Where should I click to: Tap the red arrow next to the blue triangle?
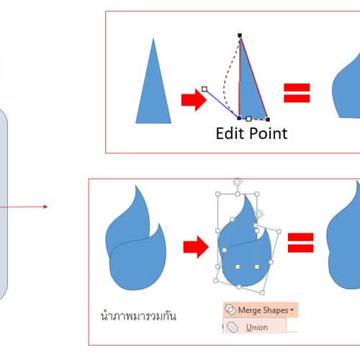[194, 100]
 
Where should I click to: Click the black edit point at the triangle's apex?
[240, 35]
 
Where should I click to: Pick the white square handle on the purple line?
[204, 89]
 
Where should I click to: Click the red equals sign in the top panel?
[297, 93]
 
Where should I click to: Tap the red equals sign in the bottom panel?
[301, 243]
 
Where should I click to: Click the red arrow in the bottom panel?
[196, 247]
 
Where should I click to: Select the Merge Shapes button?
[261, 310]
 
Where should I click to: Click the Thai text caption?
[138, 316]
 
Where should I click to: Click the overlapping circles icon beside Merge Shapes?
[230, 310]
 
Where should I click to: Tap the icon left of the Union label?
[233, 327]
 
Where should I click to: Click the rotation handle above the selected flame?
[238, 181]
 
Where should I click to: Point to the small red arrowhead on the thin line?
[45, 207]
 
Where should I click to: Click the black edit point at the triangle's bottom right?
[268, 120]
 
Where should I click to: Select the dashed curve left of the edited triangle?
[228, 79]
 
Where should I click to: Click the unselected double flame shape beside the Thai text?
[136, 240]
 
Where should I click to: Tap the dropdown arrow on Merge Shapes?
[292, 310]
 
